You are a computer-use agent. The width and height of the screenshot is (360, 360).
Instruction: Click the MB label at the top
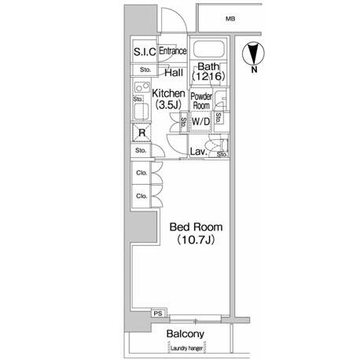[x=230, y=19]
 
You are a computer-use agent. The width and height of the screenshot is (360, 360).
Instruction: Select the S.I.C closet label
[x=145, y=52]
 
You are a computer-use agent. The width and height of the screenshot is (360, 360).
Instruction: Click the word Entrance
[x=173, y=50]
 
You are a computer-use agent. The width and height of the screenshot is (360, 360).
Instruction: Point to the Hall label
[x=174, y=72]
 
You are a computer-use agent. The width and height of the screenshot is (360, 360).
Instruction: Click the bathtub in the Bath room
[x=209, y=49]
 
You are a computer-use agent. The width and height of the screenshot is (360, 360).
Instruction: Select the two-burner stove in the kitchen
[x=142, y=87]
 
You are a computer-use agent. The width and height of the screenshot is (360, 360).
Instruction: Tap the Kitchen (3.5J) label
[x=168, y=99]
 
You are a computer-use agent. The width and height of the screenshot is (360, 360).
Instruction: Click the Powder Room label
[x=201, y=101]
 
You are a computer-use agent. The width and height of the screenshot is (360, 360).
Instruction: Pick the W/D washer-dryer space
[x=201, y=122]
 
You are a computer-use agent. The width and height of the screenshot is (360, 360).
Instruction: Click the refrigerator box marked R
[x=141, y=133]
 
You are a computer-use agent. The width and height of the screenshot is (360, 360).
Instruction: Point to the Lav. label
[x=198, y=152]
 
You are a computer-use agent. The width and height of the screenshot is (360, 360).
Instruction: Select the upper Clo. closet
[x=141, y=173]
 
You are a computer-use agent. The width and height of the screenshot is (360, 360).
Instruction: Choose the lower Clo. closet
[x=141, y=196]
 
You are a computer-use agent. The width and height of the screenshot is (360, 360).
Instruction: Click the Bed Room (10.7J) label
[x=196, y=233]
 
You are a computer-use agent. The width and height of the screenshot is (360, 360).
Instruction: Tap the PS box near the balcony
[x=158, y=313]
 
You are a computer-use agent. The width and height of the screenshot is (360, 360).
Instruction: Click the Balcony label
[x=186, y=334]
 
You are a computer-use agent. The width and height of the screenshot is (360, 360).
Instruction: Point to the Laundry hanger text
[x=186, y=348]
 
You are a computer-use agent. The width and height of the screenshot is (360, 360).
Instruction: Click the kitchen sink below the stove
[x=141, y=111]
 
